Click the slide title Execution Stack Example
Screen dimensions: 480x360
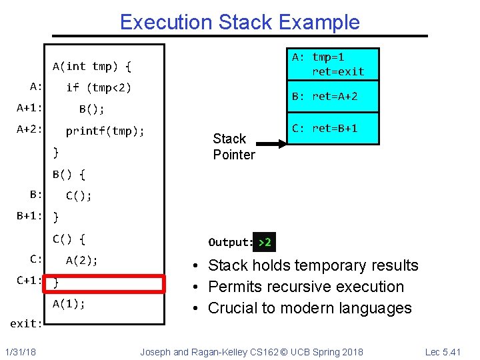(239, 22)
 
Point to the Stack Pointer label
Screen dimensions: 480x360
(233, 147)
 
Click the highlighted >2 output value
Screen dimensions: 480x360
(265, 242)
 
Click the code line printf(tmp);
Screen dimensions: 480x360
(105, 131)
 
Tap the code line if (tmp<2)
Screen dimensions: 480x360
(99, 87)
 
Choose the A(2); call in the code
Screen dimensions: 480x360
(82, 261)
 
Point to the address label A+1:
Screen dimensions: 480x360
(30, 108)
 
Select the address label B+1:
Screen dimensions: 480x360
(30, 216)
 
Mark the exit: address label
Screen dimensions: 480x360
(27, 324)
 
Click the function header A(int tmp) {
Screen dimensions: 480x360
(92, 66)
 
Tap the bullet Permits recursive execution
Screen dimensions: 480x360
(306, 287)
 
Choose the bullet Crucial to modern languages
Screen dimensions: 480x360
(310, 308)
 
